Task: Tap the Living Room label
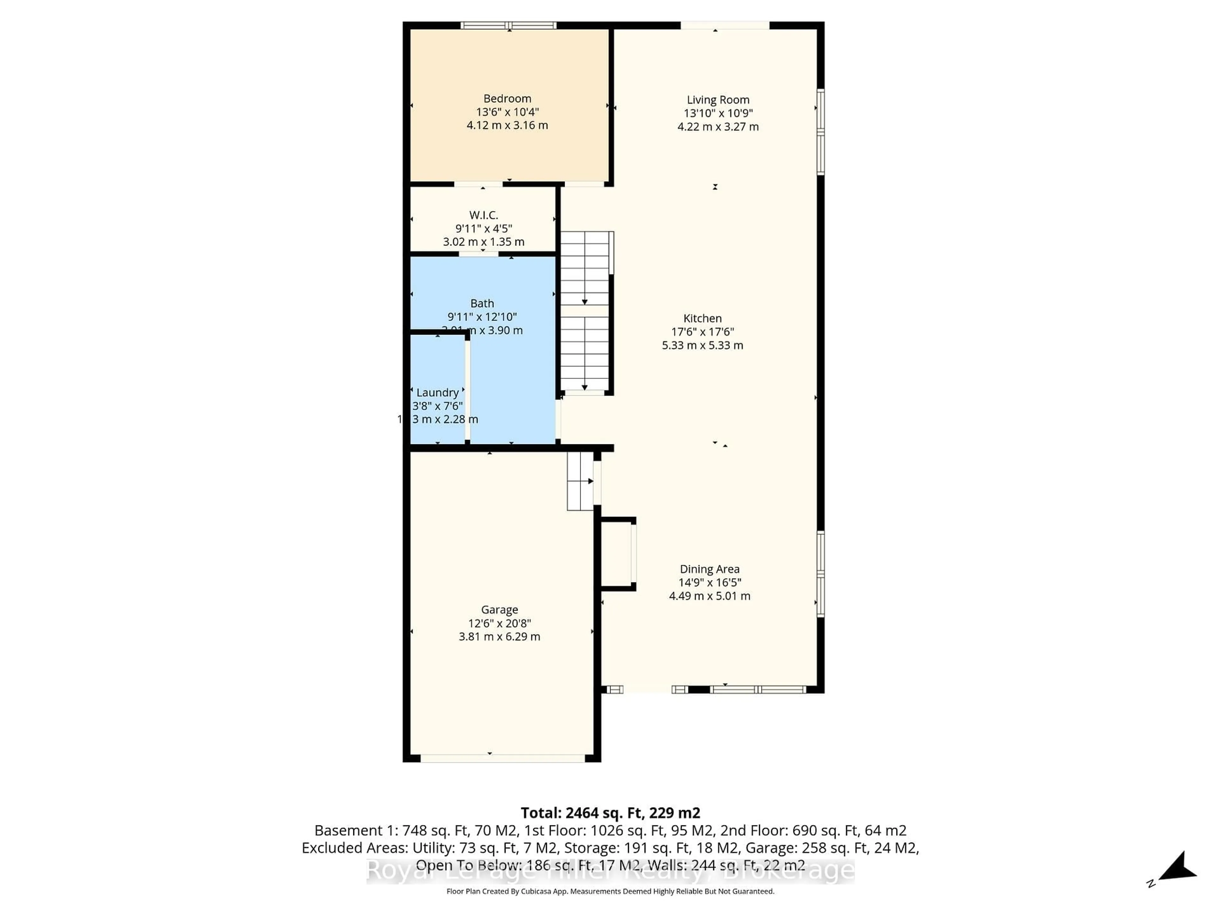(718, 100)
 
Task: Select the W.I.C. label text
(484, 215)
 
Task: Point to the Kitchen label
(702, 319)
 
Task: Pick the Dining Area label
(709, 569)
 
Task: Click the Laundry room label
(437, 392)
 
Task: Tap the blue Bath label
(482, 303)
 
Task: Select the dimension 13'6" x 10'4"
(507, 112)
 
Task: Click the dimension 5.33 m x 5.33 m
(702, 345)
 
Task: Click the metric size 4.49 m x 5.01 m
(709, 596)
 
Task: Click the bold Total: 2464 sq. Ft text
(610, 813)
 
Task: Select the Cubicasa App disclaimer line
(610, 891)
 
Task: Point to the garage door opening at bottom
(502, 759)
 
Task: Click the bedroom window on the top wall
(508, 25)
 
